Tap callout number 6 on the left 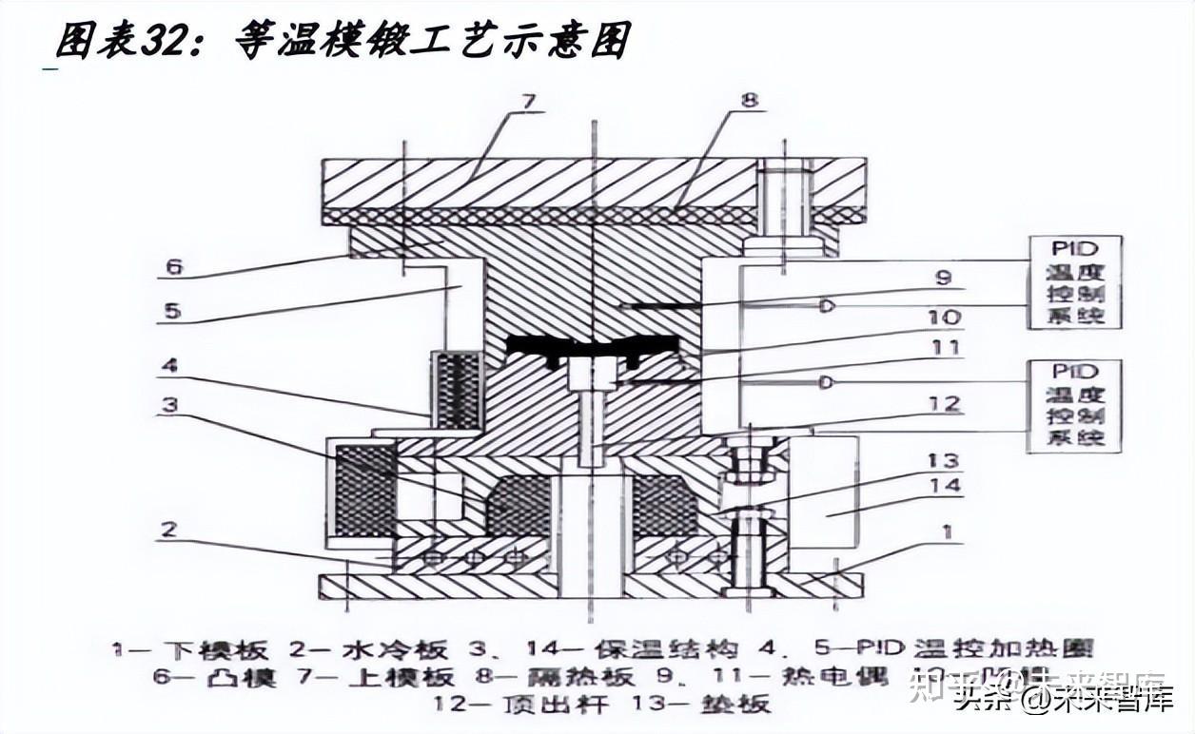point(173,268)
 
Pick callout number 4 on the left point(168,364)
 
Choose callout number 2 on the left point(168,529)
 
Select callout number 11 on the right point(944,348)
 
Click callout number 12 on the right point(945,405)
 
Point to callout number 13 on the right point(942,461)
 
